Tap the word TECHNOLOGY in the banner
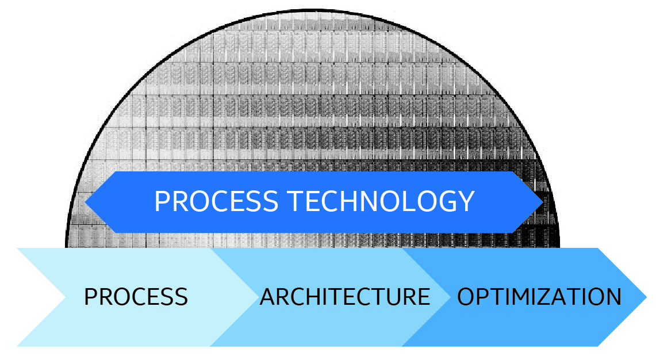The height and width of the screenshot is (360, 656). tap(381, 201)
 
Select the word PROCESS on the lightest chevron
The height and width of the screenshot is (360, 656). tap(136, 297)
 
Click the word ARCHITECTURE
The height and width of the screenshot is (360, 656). tap(345, 297)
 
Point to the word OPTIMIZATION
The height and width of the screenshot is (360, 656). tap(539, 297)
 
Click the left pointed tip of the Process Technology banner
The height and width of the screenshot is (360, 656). tap(86, 202)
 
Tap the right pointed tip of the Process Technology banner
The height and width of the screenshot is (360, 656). tap(542, 202)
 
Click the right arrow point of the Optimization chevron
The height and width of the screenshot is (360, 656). tap(646, 297)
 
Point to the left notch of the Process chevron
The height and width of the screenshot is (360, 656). tap(64, 297)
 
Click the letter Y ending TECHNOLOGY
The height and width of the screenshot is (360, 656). tap(465, 201)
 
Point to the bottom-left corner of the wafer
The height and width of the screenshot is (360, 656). tap(66, 247)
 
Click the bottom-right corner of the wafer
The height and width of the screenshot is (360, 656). tap(560, 247)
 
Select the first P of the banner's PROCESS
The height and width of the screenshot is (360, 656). tap(162, 201)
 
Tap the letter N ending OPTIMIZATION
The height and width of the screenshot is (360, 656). tap(613, 297)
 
